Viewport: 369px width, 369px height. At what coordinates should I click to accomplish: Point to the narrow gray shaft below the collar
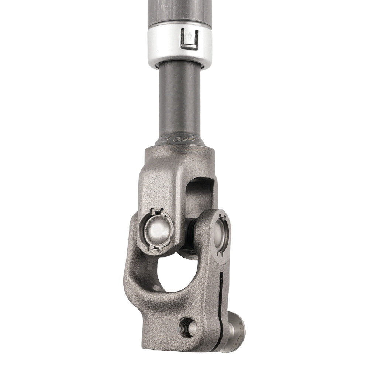click(180, 100)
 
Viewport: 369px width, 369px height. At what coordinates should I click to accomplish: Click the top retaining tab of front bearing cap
click(158, 212)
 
